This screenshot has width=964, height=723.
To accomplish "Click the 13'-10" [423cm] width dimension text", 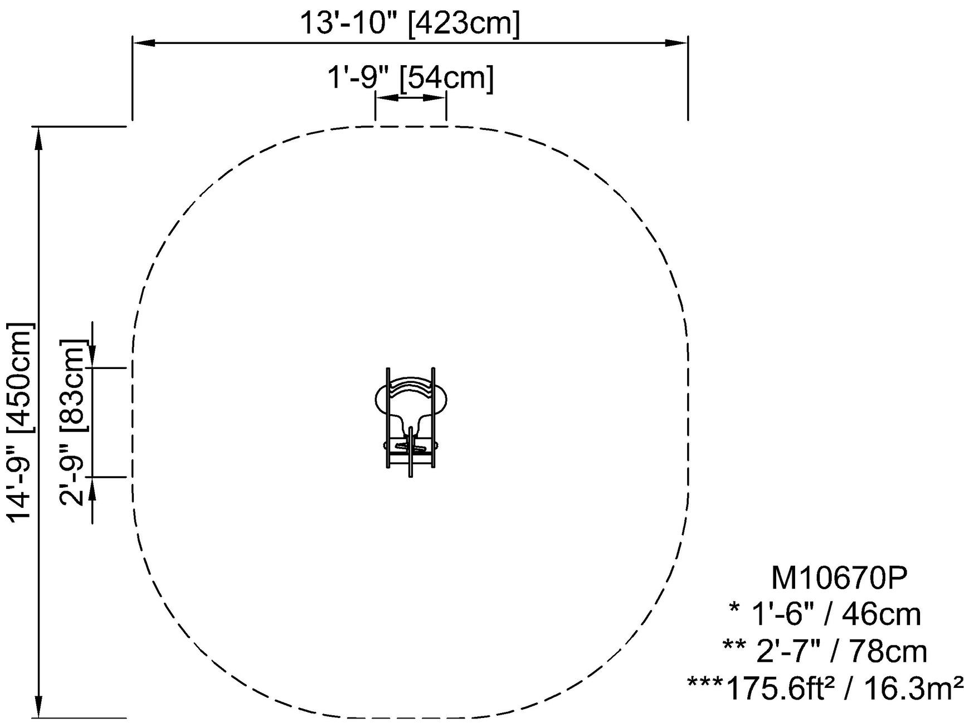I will coord(410,23).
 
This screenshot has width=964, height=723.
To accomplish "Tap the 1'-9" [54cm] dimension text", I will coord(410,78).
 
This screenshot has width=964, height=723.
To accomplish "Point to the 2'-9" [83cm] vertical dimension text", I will coord(73,422).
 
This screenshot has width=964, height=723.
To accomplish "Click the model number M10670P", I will coord(839,578).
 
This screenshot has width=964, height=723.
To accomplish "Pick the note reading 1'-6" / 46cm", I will coord(836,614).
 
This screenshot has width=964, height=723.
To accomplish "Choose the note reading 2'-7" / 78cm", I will coord(841,651).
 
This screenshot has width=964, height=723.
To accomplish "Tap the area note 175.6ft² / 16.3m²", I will coord(844,688).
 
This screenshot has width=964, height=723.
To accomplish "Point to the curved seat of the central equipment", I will coord(411,388).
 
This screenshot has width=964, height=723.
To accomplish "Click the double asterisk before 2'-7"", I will coord(734,647).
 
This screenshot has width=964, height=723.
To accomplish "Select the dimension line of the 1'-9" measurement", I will coord(411,98).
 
